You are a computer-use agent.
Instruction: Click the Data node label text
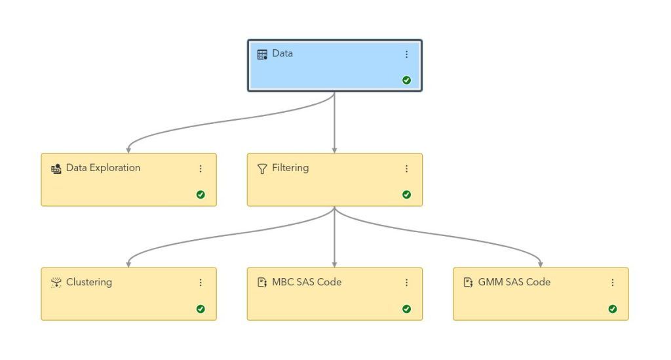coord(282,54)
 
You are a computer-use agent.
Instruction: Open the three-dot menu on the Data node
coord(406,54)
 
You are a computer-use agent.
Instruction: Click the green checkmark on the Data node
coord(406,80)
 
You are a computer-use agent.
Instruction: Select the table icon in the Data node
coord(262,54)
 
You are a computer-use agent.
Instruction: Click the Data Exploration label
coord(103,168)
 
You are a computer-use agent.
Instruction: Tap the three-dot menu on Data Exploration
coord(201,169)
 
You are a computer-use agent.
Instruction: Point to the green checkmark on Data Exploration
coord(201,194)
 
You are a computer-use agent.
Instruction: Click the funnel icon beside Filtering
coord(262,169)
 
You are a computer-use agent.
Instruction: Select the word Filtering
coord(290,168)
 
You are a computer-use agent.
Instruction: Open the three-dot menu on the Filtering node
coord(406,169)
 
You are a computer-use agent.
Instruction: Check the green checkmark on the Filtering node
coord(406,194)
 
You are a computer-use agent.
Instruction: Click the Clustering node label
coord(89,283)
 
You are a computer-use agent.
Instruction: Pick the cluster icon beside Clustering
coord(56,283)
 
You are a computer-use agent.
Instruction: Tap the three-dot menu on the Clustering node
coord(201,283)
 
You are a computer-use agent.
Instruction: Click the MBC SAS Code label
coord(307,283)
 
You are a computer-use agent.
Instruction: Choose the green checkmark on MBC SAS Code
coord(406,308)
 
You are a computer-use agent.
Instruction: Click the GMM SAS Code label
coord(514,283)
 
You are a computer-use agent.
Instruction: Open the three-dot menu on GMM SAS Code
coord(613,283)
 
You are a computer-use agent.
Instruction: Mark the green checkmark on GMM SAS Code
coord(613,308)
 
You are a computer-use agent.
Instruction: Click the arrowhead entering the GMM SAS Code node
coord(541,264)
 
